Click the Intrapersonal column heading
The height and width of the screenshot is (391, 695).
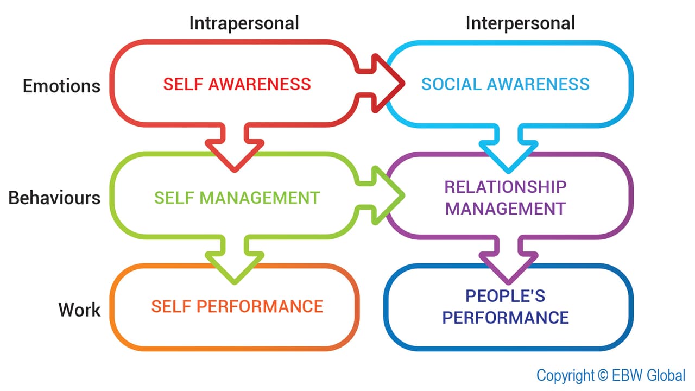pos(244,23)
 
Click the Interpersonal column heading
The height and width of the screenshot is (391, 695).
pos(520,23)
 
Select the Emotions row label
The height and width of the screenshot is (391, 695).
pos(61,86)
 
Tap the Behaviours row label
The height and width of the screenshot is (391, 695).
pos(54,198)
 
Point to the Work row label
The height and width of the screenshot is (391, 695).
pos(79,310)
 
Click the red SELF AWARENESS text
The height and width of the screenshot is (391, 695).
pos(237,84)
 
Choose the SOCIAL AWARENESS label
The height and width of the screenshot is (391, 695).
pos(506,84)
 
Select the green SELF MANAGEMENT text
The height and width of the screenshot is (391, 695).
pos(237,198)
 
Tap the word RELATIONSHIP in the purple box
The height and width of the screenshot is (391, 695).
pos(506,187)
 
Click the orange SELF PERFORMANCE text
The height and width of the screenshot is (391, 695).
pos(237,306)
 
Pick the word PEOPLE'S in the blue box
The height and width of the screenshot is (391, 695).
pos(506,296)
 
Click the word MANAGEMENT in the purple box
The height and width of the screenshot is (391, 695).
pos(506,209)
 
